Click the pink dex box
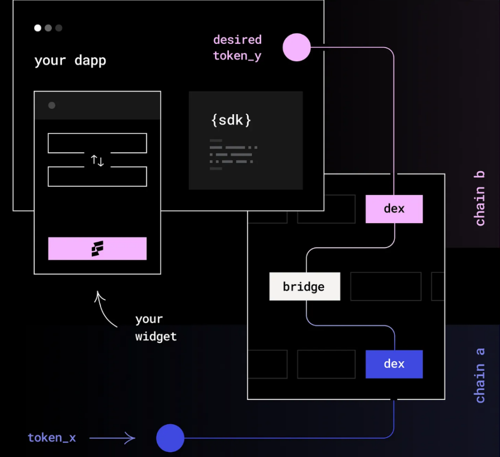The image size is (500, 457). click(x=394, y=209)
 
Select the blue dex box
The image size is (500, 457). click(x=394, y=364)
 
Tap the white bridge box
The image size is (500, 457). click(x=304, y=287)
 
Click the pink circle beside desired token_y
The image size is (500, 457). click(x=297, y=48)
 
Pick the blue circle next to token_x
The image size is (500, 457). click(x=170, y=438)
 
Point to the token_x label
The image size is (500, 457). click(x=52, y=438)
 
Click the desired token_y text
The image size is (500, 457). click(x=237, y=48)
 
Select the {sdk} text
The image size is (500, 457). click(x=231, y=120)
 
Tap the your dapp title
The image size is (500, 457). click(x=70, y=60)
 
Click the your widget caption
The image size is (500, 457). click(x=156, y=327)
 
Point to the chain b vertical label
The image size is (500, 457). click(x=480, y=198)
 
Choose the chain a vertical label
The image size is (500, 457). click(x=480, y=375)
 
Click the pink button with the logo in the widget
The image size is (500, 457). click(x=97, y=249)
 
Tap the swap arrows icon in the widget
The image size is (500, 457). click(x=97, y=160)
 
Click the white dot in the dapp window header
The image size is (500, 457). click(x=38, y=28)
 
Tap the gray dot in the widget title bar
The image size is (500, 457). click(x=52, y=105)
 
